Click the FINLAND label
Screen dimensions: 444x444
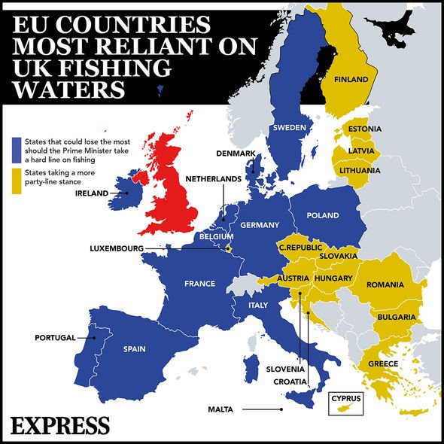(351, 79)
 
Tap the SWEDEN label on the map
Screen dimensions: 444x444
(289, 128)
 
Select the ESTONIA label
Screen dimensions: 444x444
(364, 130)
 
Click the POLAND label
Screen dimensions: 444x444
(323, 215)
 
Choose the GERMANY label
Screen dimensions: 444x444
(260, 225)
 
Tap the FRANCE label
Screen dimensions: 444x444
(199, 284)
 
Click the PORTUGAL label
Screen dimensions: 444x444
(56, 338)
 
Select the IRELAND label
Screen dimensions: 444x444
(92, 193)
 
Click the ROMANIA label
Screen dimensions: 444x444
(385, 285)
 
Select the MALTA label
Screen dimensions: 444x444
(222, 409)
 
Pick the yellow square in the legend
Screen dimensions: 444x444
(17, 173)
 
